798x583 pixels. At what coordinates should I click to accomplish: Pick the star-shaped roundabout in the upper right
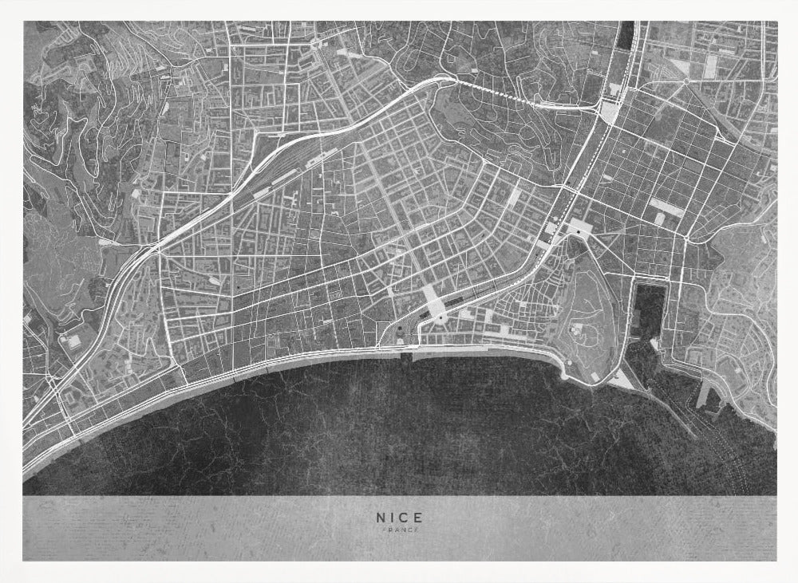(x=685, y=80)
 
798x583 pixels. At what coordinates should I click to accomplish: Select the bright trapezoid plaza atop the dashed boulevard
(x=581, y=229)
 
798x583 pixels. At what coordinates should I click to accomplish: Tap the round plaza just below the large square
(x=440, y=319)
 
